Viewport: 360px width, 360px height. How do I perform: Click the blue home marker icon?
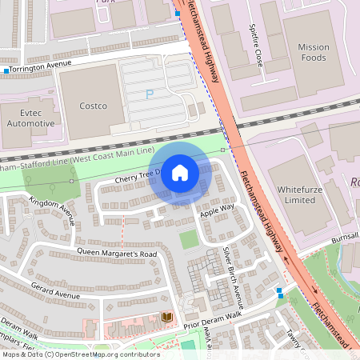(180, 173)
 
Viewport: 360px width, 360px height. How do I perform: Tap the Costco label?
(94, 106)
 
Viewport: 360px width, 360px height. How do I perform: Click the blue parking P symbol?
(149, 94)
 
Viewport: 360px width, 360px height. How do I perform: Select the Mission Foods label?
(314, 52)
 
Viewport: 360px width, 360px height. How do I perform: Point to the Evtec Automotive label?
(30, 118)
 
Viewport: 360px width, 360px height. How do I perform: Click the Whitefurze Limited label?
(295, 194)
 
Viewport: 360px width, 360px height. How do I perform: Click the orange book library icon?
(166, 318)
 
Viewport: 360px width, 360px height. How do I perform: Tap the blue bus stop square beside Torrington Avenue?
(6, 71)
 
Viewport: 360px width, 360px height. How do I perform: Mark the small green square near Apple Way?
(189, 238)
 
